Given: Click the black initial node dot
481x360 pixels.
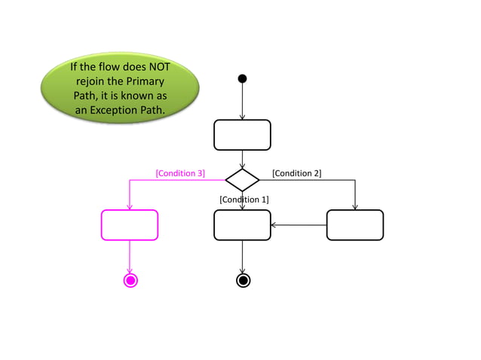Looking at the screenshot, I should pyautogui.click(x=242, y=78).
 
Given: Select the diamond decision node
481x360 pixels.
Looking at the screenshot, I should pyautogui.click(x=242, y=180).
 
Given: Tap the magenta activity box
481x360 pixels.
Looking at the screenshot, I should pyautogui.click(x=130, y=224).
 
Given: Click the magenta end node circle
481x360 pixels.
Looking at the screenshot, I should pyautogui.click(x=130, y=281).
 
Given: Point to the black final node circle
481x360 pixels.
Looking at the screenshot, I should pyautogui.click(x=243, y=281).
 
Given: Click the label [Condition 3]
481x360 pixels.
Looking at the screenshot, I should pyautogui.click(x=180, y=173).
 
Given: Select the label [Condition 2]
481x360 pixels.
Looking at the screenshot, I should pyautogui.click(x=296, y=173).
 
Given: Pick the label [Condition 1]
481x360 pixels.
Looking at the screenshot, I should pyautogui.click(x=244, y=200).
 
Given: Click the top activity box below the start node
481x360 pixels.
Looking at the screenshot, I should pyautogui.click(x=242, y=135).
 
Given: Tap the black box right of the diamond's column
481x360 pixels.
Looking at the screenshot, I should pyautogui.click(x=354, y=224).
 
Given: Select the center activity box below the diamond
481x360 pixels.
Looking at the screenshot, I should pyautogui.click(x=242, y=224).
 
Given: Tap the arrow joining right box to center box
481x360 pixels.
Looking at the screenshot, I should pyautogui.click(x=299, y=224).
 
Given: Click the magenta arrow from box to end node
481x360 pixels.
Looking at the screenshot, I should pyautogui.click(x=130, y=256).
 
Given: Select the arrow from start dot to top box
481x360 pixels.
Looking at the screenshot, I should pyautogui.click(x=242, y=101).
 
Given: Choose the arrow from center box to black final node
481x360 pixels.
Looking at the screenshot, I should pyautogui.click(x=242, y=256).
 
